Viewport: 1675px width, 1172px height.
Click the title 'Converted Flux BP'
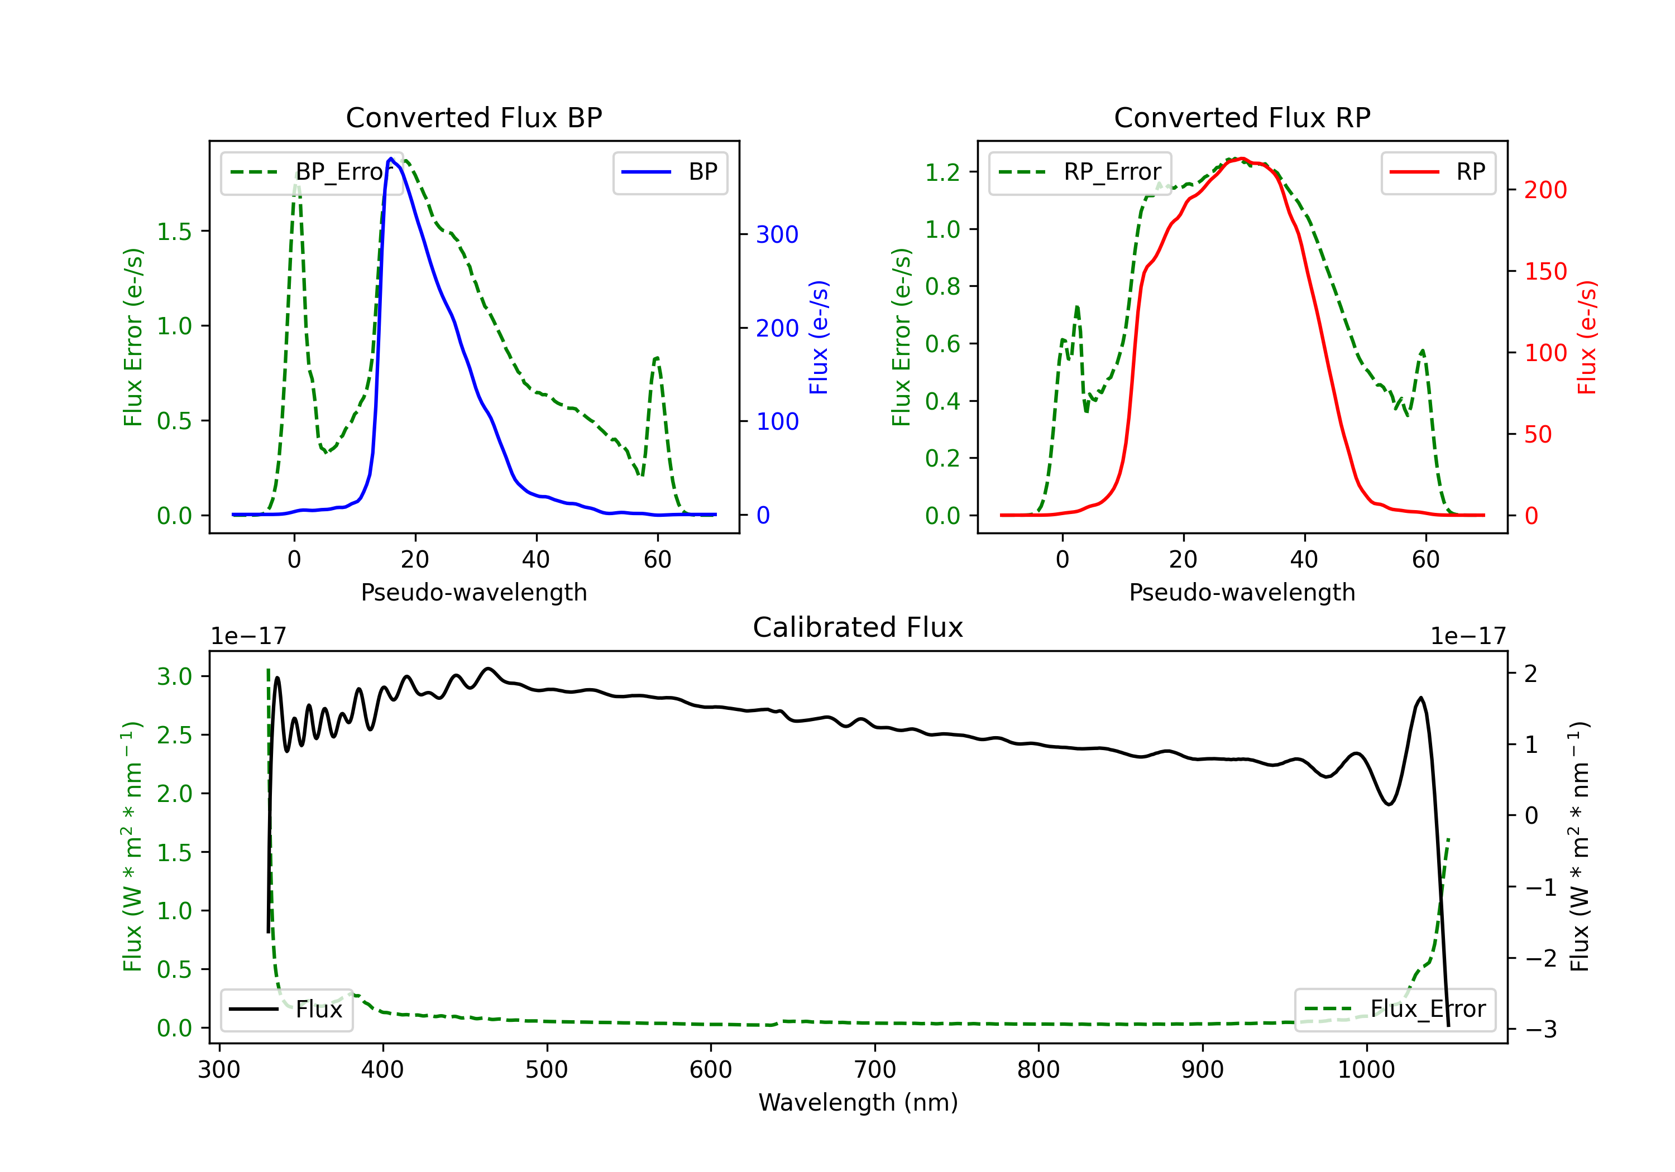point(473,117)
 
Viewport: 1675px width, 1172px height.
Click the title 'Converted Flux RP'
point(1242,117)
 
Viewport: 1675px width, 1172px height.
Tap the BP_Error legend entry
point(312,172)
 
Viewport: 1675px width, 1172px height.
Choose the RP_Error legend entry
point(1080,172)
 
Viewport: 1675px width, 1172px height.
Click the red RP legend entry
point(1438,172)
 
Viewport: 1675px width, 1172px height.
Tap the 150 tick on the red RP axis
point(1545,271)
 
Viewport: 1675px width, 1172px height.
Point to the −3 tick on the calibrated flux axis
point(1541,1029)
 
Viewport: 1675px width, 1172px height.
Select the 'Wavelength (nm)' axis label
point(858,1102)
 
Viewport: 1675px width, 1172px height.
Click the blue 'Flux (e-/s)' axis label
point(819,337)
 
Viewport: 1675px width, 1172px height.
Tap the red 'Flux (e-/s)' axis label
point(1587,337)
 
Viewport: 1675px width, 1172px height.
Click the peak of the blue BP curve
point(391,158)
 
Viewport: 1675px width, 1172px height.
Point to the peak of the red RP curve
point(1242,158)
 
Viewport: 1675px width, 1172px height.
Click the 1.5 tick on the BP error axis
point(174,232)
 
